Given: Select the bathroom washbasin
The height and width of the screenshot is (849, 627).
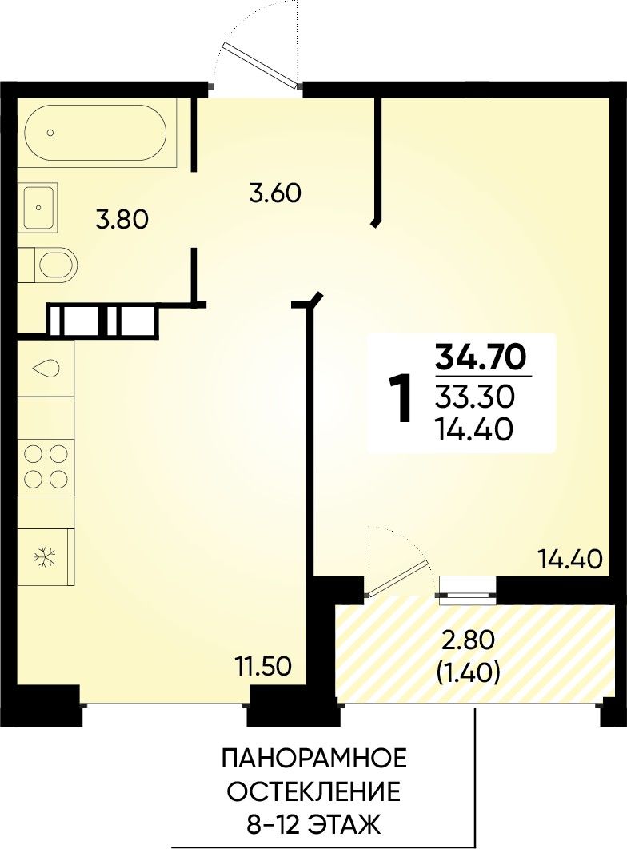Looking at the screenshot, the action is (x=38, y=207).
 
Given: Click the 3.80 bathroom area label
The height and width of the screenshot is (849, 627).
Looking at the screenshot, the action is (x=122, y=221).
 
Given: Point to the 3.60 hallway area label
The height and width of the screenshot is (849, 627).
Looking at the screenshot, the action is (x=274, y=193).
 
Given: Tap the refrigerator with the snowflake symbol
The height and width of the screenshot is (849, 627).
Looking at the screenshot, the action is (x=46, y=557).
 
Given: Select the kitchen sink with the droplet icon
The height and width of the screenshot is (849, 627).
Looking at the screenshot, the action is (x=46, y=369).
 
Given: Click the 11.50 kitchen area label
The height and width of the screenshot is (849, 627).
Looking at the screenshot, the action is (x=263, y=665).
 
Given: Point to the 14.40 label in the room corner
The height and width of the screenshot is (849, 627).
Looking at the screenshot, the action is (x=570, y=559).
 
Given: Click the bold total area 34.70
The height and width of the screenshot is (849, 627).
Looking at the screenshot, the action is (x=481, y=356).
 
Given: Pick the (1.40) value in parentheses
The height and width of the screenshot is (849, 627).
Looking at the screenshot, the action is (x=468, y=673).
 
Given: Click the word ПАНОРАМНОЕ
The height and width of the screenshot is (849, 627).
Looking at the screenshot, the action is (x=314, y=759).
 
